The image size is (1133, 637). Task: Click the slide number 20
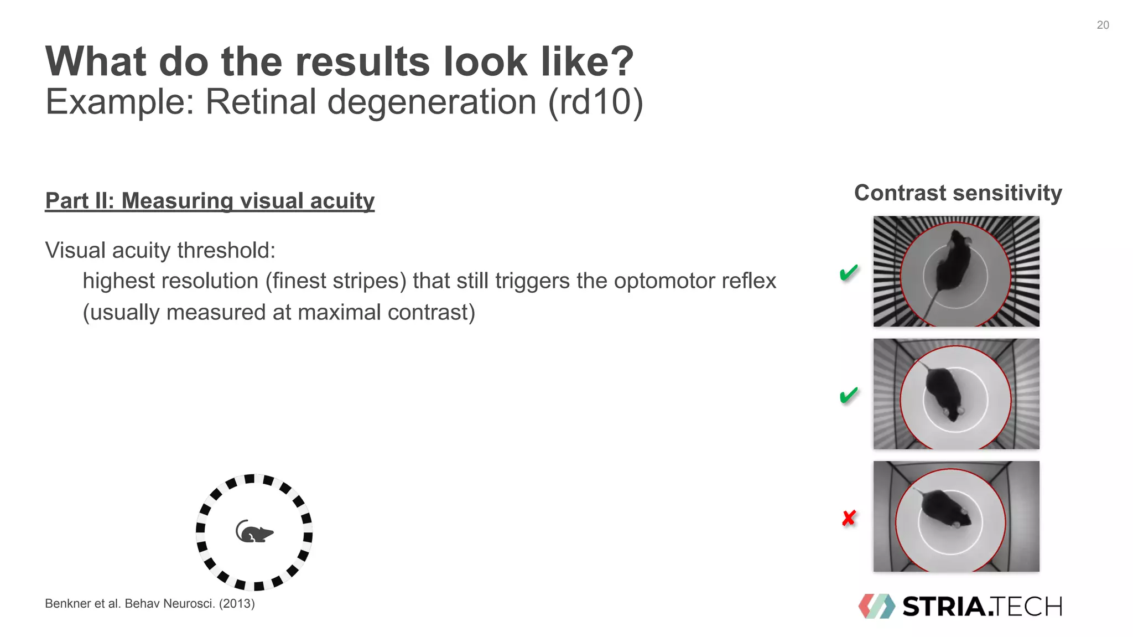(1103, 25)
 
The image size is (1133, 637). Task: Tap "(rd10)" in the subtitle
(596, 102)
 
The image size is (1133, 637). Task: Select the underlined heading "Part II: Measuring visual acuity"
(210, 201)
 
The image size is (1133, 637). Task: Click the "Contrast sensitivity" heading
(958, 193)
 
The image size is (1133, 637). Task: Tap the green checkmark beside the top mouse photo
(849, 272)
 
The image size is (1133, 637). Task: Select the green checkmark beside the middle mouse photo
(849, 395)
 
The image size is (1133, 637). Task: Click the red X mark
(849, 518)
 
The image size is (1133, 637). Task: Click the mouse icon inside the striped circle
(254, 532)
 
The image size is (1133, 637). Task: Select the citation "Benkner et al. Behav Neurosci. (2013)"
(150, 604)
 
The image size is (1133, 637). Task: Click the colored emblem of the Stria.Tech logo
(876, 607)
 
